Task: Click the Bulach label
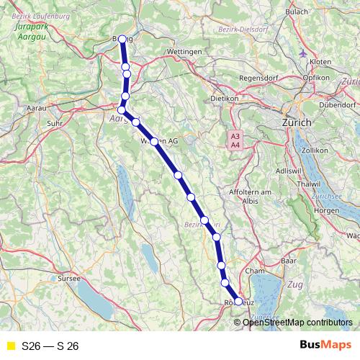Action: (297, 12)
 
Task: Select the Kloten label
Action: (320, 62)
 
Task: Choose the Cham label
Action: (255, 271)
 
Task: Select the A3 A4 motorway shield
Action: (234, 140)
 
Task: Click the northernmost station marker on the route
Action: (123, 40)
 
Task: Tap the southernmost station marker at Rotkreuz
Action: (238, 302)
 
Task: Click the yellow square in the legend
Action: (10, 346)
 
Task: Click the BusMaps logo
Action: (321, 346)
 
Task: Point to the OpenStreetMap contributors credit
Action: (297, 322)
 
